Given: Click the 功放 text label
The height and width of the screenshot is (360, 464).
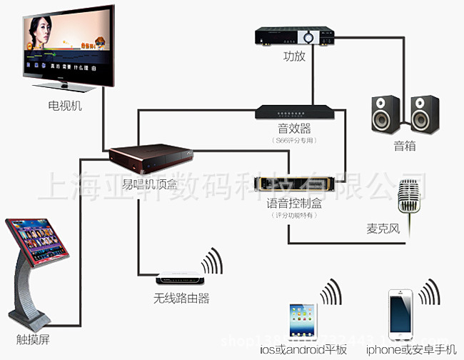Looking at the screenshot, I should tap(294, 56).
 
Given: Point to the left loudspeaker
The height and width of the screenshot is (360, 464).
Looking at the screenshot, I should tap(383, 114).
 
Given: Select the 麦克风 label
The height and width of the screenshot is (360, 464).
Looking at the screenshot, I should tap(384, 231).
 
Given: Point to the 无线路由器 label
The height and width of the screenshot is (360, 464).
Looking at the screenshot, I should tap(181, 299).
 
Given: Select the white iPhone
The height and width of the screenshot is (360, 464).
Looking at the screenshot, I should tap(399, 314).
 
